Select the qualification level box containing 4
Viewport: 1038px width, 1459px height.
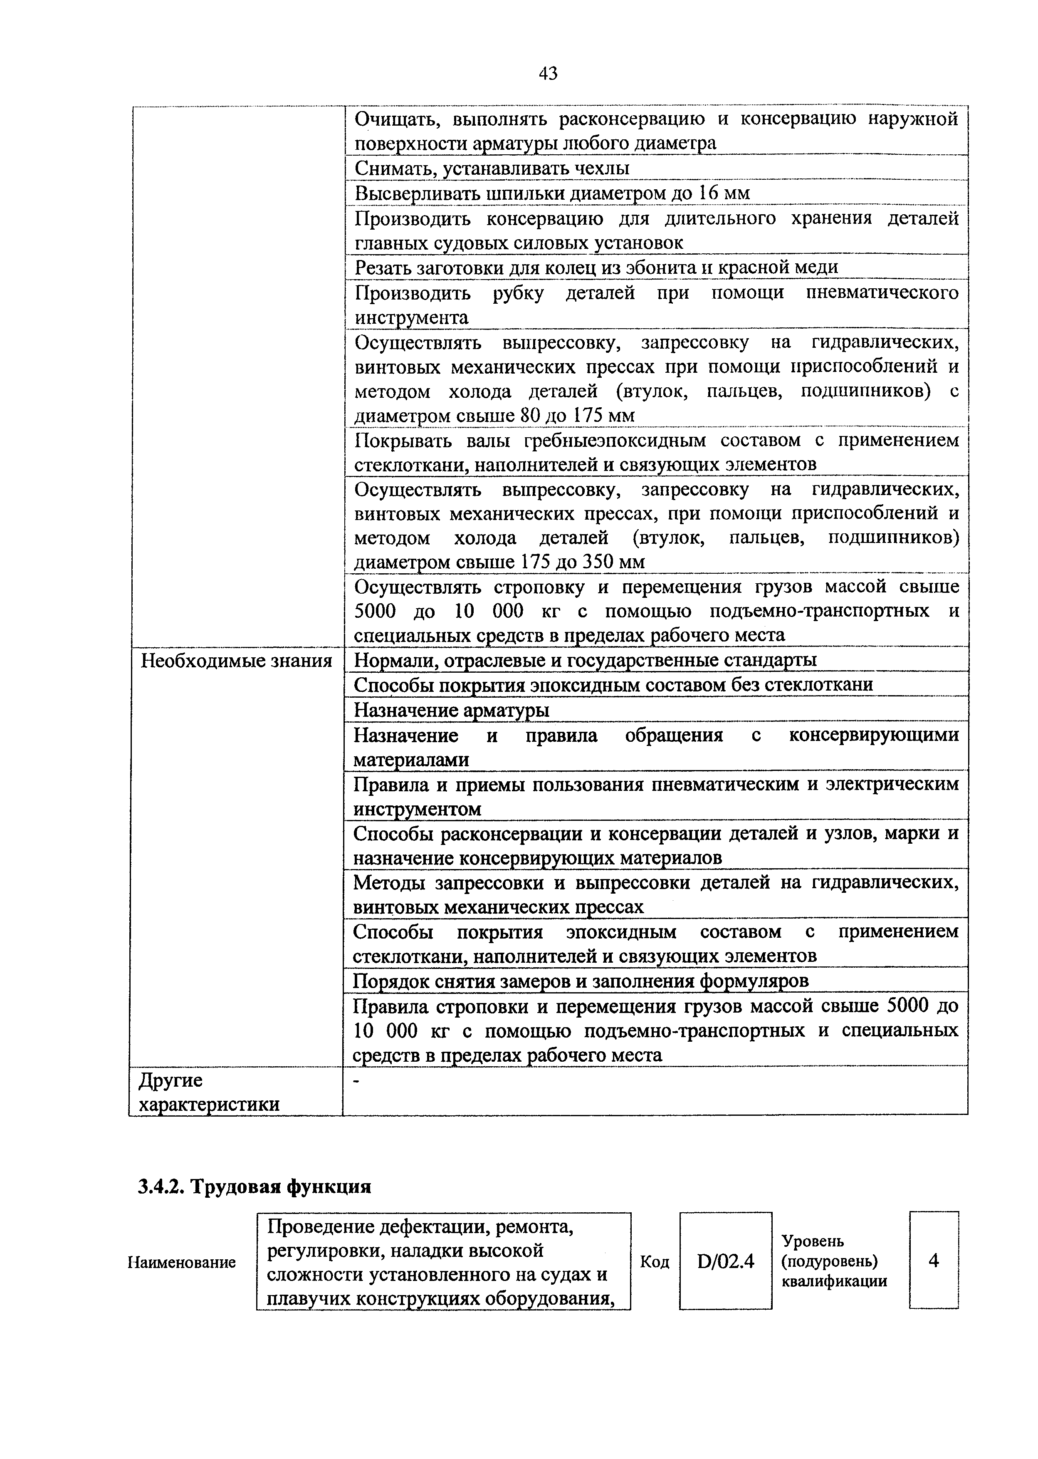[x=933, y=1261]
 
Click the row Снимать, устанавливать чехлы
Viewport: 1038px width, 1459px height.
[x=492, y=168]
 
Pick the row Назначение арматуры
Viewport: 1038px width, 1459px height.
[x=451, y=710]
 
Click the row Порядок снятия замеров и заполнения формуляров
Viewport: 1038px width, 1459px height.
[x=581, y=980]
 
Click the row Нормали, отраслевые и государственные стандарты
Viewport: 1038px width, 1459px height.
[x=585, y=660]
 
